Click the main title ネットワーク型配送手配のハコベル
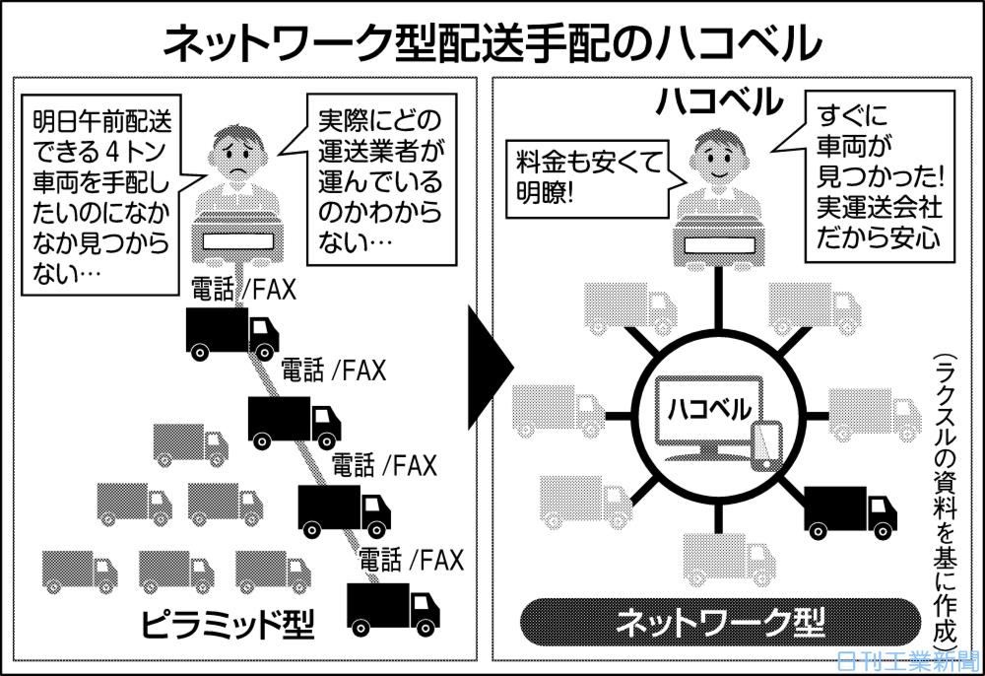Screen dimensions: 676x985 pos(492,42)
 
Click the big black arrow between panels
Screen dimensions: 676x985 pos(491,369)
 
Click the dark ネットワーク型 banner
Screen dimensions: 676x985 pos(719,622)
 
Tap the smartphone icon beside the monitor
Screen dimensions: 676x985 pos(765,446)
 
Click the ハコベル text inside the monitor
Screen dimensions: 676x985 pos(708,407)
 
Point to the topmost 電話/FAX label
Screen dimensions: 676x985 pos(243,289)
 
